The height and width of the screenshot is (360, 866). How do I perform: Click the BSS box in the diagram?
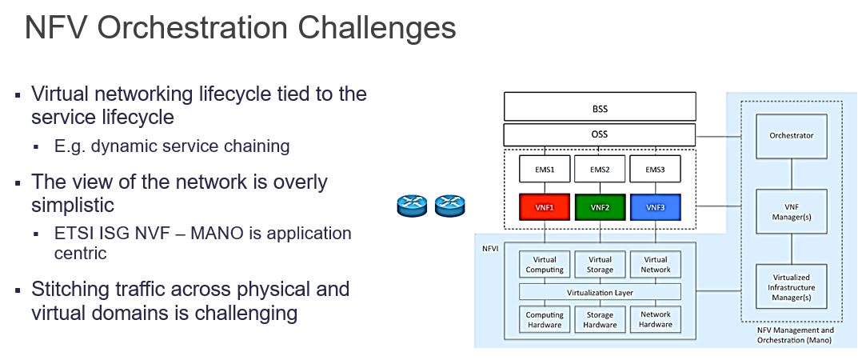click(599, 106)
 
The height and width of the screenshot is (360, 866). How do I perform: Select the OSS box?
click(599, 134)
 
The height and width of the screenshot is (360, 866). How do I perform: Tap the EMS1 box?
click(545, 169)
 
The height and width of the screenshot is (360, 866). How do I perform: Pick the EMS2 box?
click(600, 169)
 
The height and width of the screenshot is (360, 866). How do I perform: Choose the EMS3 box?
click(655, 169)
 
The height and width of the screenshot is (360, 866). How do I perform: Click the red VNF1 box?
click(545, 207)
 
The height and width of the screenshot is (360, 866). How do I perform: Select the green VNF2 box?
click(600, 207)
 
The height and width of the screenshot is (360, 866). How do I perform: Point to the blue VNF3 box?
click(655, 207)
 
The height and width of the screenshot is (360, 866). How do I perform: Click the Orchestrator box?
click(791, 135)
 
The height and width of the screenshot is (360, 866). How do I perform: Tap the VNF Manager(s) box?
click(791, 210)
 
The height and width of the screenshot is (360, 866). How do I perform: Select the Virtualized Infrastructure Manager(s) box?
click(791, 286)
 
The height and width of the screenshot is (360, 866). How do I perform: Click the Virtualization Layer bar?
click(600, 292)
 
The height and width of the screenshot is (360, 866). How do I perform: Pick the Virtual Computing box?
click(545, 265)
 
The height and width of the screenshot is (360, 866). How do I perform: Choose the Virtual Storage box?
click(600, 265)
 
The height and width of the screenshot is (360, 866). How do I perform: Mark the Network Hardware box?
click(656, 319)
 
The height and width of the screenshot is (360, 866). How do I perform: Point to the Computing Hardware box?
click(545, 319)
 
